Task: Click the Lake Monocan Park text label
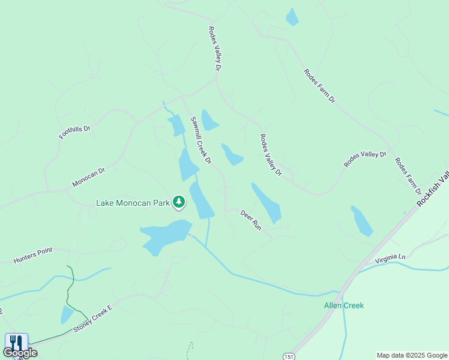tap(133, 203)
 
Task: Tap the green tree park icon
tap(178, 202)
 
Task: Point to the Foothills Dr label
tap(74, 132)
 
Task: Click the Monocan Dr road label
tap(88, 177)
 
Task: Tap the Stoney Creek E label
tap(93, 319)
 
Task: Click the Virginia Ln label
tap(390, 259)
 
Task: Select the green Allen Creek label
tap(344, 305)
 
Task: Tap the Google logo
tap(20, 353)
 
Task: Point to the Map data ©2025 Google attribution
tap(412, 355)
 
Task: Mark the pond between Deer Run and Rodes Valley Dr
tap(267, 203)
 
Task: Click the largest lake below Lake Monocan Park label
tap(165, 236)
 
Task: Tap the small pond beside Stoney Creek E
tap(67, 314)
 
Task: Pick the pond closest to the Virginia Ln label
tap(361, 221)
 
